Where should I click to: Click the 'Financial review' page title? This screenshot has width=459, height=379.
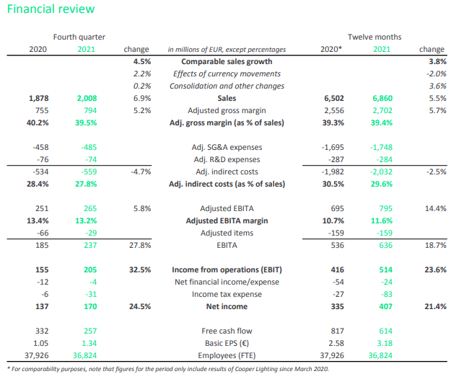point(51,9)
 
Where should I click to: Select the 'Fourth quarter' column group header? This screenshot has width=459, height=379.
point(79,37)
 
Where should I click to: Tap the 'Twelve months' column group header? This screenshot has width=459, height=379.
point(375,37)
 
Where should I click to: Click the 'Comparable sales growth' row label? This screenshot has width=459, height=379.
point(227,62)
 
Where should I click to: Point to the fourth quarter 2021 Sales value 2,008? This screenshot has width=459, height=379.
point(87,99)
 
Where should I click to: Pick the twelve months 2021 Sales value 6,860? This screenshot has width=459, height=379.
point(382,99)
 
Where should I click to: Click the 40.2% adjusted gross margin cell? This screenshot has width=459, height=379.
point(38,122)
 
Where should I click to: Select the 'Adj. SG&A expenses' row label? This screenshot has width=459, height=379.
point(227,147)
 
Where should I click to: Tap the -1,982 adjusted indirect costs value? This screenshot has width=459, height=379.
point(333,171)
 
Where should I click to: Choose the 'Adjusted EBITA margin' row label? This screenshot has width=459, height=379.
point(227,221)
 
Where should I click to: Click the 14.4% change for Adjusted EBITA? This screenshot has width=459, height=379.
point(436,209)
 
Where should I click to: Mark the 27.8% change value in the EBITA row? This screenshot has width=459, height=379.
point(140,245)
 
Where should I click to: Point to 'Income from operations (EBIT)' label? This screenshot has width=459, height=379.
point(227,269)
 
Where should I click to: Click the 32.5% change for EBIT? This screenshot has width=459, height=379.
point(140,269)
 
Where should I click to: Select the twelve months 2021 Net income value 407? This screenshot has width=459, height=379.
point(386,306)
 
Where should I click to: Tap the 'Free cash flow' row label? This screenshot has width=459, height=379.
point(227,331)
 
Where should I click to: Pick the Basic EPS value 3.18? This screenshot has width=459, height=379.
point(385,344)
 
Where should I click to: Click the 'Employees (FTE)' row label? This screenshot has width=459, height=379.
point(227,356)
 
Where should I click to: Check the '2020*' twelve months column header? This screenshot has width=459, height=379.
point(331,49)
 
